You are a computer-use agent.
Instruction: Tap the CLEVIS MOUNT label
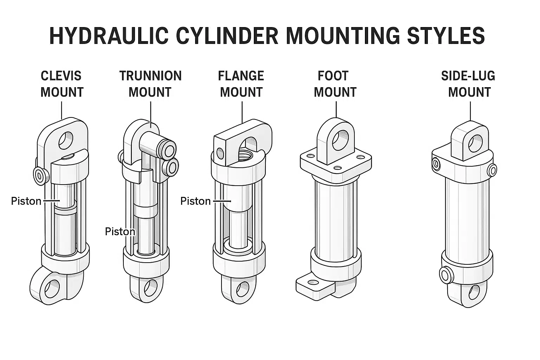coord(62,84)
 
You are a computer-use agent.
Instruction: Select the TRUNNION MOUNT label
coord(150,84)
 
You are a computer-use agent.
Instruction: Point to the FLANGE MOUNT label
coord(241,84)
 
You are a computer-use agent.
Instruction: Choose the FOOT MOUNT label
coord(335,84)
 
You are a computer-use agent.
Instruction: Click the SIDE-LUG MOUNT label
coord(469,84)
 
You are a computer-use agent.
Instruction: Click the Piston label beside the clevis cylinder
coord(26,201)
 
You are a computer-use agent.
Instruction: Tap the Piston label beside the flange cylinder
coord(195,201)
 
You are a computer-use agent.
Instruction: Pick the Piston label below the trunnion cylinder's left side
coord(120,232)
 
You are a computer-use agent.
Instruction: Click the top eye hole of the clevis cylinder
coord(66,140)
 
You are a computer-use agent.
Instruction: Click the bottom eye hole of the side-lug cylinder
coord(474,291)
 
